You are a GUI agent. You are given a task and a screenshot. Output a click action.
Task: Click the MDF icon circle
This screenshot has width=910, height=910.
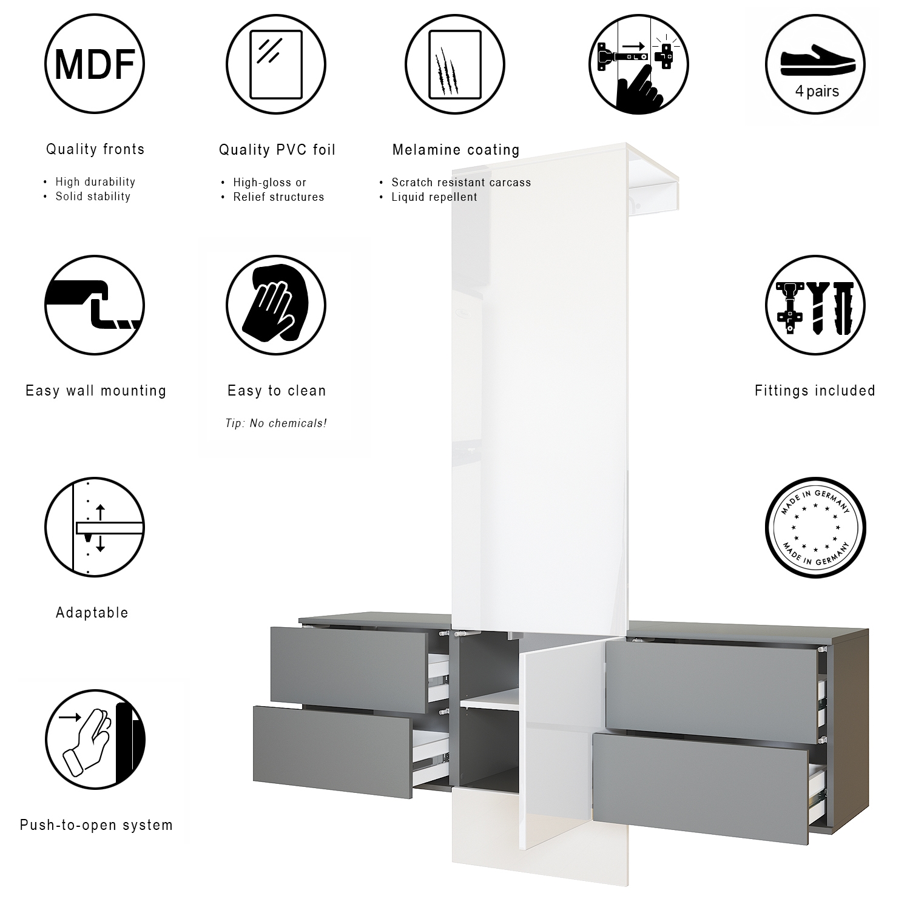click(95, 63)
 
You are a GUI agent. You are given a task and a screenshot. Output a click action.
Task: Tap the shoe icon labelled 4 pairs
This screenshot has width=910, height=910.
click(815, 63)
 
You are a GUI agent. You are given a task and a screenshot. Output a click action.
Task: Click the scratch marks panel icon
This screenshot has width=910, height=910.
click(455, 64)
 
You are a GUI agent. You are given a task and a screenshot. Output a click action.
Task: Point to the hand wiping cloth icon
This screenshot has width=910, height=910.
click(276, 305)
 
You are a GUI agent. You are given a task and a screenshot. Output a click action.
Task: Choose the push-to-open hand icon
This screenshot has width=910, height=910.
click(95, 739)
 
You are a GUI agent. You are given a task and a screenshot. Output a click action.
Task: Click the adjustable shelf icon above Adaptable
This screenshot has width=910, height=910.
click(95, 526)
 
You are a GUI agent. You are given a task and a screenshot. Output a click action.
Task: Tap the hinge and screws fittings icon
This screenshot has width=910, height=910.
click(815, 305)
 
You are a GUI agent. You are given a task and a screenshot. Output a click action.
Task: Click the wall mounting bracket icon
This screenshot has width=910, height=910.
click(95, 305)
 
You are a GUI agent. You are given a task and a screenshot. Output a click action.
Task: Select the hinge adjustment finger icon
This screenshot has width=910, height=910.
click(639, 64)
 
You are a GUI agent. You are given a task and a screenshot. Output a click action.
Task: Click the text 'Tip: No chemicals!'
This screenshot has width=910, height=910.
click(276, 423)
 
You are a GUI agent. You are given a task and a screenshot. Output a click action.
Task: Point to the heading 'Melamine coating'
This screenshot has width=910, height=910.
click(456, 150)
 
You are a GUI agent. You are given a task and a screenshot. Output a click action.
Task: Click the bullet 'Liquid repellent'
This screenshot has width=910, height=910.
click(434, 197)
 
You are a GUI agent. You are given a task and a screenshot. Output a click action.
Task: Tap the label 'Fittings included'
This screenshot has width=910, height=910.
click(815, 391)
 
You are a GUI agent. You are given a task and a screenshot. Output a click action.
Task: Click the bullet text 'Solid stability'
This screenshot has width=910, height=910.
click(93, 197)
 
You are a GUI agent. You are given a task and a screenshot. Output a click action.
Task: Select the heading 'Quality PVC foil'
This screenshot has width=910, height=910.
click(277, 150)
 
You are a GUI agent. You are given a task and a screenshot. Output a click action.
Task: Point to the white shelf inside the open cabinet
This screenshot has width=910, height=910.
click(490, 702)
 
